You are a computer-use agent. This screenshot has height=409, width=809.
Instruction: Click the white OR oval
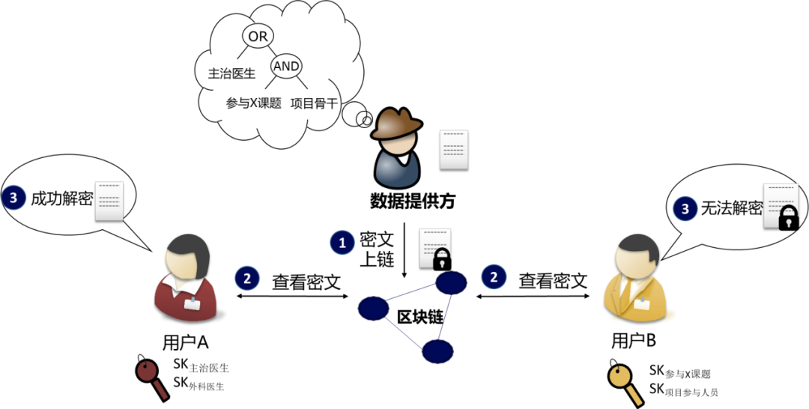click(258, 36)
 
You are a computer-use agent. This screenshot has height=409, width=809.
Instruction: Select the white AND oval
click(286, 66)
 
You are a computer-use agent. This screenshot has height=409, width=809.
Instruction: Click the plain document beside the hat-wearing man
click(453, 148)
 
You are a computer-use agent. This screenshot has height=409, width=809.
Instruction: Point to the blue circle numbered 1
click(342, 243)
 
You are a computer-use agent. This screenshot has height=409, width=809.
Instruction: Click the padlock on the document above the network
click(442, 259)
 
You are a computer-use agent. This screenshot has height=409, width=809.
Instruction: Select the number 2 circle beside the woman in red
click(247, 279)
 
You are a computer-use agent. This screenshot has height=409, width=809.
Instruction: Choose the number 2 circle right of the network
click(493, 277)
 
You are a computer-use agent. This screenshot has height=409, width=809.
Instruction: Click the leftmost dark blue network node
click(373, 308)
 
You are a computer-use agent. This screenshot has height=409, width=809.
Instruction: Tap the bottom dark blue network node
click(437, 351)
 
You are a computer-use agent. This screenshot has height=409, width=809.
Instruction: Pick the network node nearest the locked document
click(451, 282)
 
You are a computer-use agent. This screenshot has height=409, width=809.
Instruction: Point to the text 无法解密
click(730, 209)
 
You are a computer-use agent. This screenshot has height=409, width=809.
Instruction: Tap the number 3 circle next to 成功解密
click(13, 199)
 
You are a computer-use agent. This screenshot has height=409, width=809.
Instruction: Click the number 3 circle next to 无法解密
click(685, 210)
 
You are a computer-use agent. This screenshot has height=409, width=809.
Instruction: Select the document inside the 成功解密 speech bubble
click(109, 200)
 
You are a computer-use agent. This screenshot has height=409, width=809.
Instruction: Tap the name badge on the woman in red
click(195, 303)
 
